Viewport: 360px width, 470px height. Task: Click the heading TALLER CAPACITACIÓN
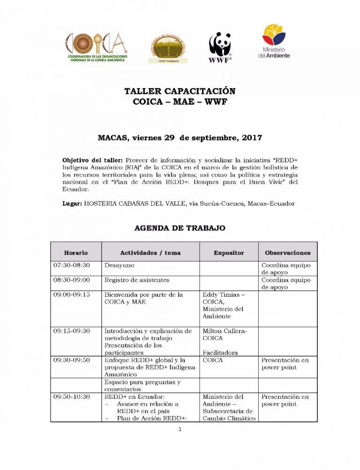180,91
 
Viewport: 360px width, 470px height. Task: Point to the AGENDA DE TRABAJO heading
180,228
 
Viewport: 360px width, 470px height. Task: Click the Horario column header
76,253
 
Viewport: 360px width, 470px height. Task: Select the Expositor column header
229,253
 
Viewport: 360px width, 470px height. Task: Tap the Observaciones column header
287,253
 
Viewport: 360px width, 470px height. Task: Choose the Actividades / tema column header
150,253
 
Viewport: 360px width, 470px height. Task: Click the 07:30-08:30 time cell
72,265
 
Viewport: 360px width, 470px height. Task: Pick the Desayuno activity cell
119,265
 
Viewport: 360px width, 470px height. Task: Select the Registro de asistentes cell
137,280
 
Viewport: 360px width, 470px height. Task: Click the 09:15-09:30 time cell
72,331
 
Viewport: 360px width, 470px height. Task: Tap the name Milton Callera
225,331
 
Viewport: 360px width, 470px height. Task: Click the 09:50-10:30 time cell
72,397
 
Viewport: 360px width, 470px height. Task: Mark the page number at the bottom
180,430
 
